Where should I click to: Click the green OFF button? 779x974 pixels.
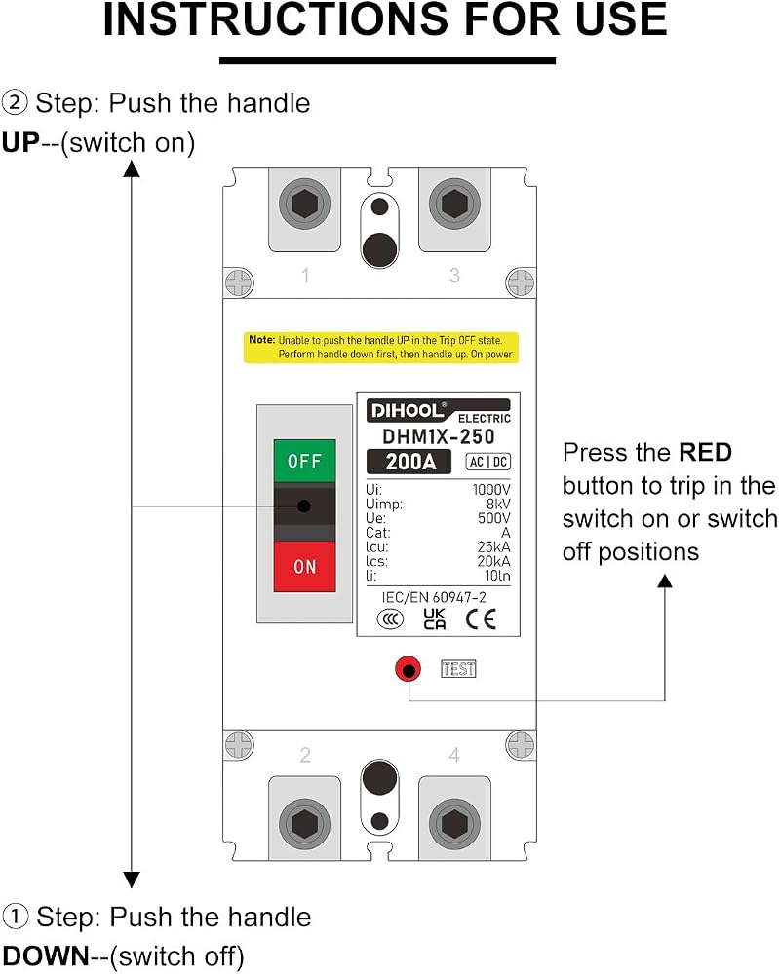click(x=304, y=461)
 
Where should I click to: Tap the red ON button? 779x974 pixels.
click(x=304, y=566)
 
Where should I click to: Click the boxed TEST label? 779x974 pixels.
click(x=458, y=669)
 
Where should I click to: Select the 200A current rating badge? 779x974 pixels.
click(x=409, y=462)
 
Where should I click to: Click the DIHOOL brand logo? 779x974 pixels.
click(x=407, y=411)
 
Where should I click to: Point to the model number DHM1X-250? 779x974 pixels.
click(x=439, y=436)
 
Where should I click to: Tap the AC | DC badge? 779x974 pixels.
click(x=488, y=462)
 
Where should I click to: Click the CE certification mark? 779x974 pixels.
click(x=481, y=619)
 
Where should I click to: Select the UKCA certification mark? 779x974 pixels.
click(x=435, y=619)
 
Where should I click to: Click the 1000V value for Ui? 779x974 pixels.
click(x=491, y=490)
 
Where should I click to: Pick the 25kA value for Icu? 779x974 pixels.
click(x=493, y=546)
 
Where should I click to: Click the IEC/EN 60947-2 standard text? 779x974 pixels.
click(x=434, y=597)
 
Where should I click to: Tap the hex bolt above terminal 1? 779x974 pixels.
click(x=304, y=204)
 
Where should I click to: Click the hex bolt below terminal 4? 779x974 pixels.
click(x=454, y=824)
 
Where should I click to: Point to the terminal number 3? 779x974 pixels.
click(x=454, y=275)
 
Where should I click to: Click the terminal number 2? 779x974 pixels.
click(x=304, y=755)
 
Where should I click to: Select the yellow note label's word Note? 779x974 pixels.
click(x=261, y=340)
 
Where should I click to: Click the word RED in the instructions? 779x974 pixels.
click(x=705, y=452)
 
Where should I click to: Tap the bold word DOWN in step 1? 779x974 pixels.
click(x=46, y=956)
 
